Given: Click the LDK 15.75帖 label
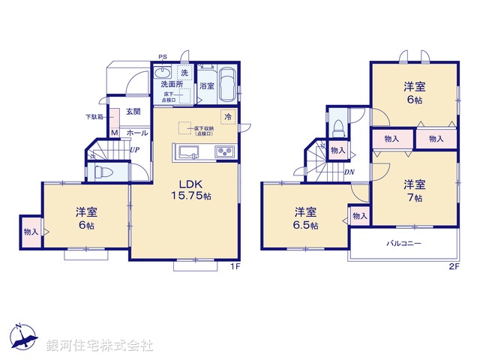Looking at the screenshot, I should (193, 190).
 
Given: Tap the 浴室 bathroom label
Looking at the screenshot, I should (208, 86).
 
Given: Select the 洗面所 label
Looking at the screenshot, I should (169, 84).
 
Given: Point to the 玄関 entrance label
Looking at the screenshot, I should (133, 112).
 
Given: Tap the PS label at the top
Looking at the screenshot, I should (163, 55).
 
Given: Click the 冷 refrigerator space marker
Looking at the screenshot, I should (226, 116).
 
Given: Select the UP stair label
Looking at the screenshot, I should (133, 150).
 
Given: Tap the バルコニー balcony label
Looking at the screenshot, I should (404, 244).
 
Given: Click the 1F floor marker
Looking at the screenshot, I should (233, 266).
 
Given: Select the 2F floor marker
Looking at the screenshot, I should (453, 266).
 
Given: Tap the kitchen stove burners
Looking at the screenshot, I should (225, 152).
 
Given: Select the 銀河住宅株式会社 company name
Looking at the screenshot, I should (100, 346).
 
